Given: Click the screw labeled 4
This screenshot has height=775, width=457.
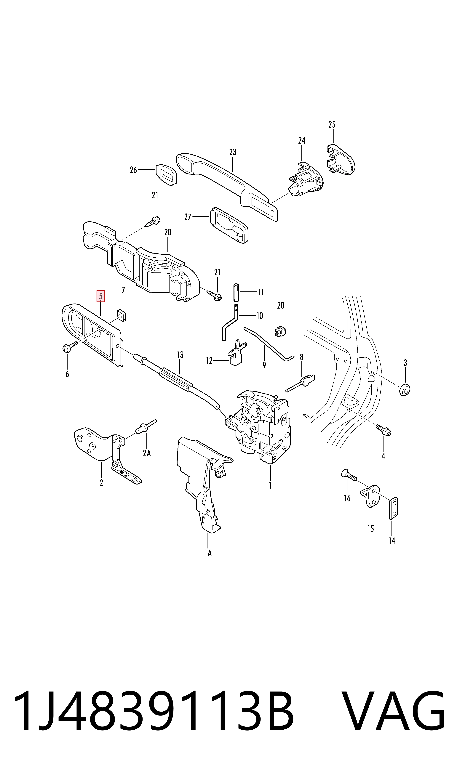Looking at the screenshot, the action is [x=383, y=430].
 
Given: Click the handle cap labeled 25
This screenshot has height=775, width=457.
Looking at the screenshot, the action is [x=341, y=159].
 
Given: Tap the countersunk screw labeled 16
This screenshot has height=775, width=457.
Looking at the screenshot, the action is [x=349, y=475].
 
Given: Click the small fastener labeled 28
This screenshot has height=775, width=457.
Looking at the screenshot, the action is [x=280, y=331].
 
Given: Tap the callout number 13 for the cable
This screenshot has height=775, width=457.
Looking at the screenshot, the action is [x=180, y=355].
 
